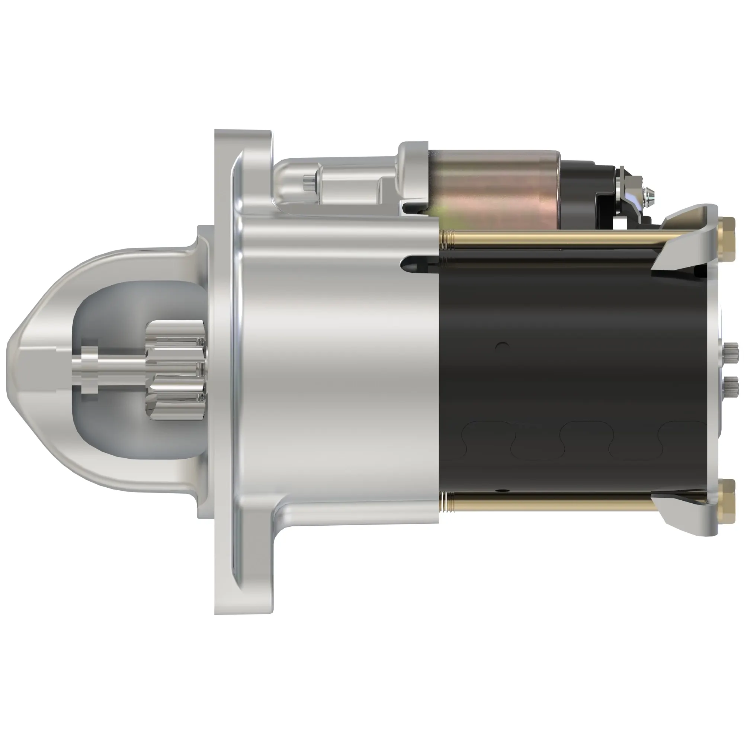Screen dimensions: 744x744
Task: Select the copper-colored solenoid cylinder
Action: click(497, 189)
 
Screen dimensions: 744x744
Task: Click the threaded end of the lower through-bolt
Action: click(447, 503)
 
